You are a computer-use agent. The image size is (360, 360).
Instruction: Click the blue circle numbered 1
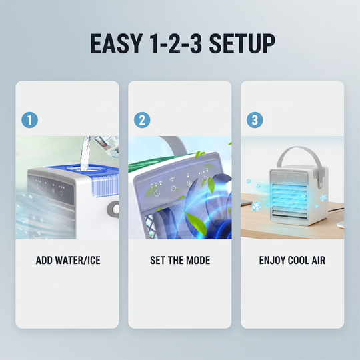point(29,120)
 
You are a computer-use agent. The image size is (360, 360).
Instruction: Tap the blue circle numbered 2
point(142,120)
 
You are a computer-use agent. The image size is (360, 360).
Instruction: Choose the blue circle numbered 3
point(255,120)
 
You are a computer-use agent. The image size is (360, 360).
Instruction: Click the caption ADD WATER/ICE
point(67,260)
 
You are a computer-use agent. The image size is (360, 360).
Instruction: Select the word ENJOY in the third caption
point(273,260)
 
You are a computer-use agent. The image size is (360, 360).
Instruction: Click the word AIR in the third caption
point(317,260)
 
